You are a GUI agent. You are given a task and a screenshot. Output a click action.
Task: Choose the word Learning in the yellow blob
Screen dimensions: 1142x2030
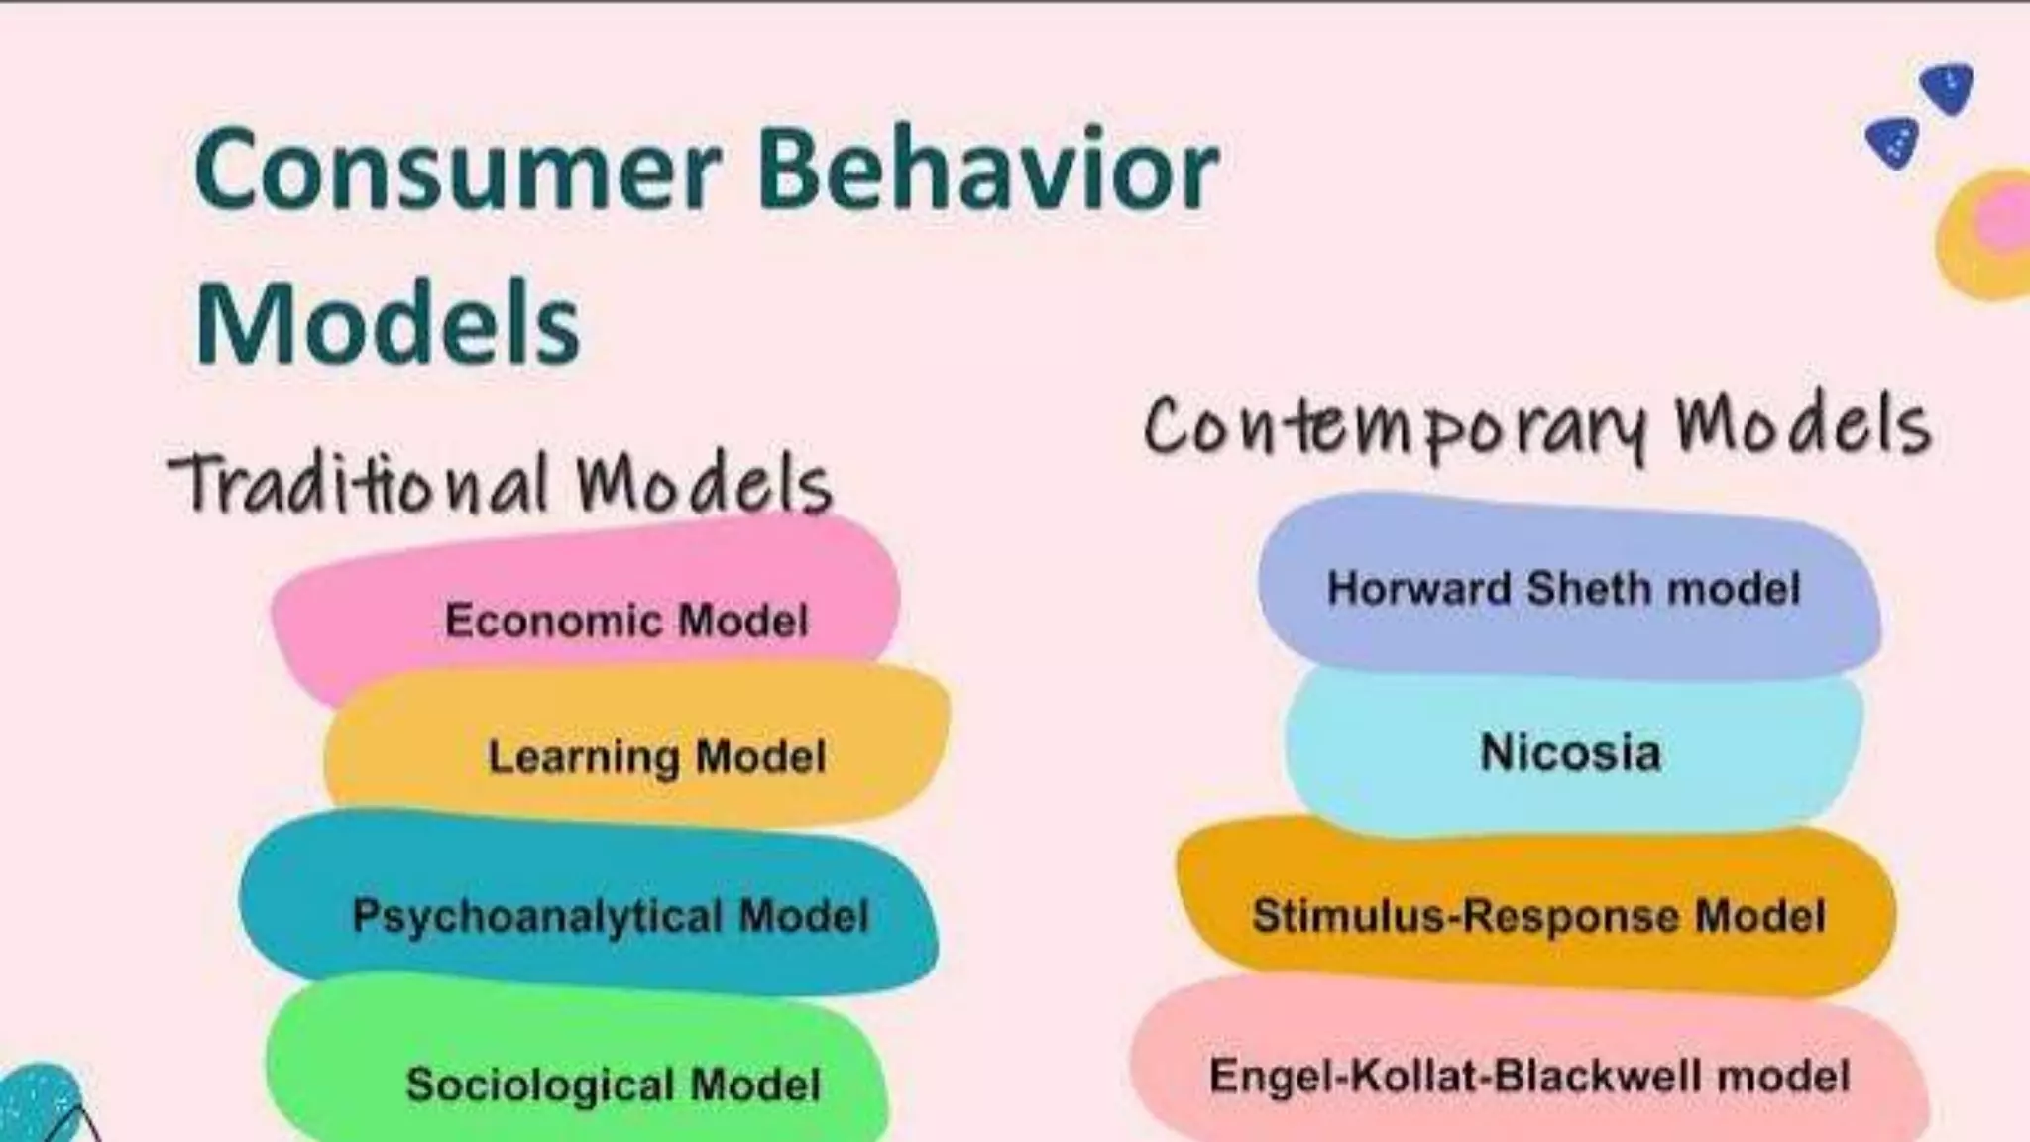[584, 757]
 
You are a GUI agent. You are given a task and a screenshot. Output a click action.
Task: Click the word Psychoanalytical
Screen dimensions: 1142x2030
[536, 915]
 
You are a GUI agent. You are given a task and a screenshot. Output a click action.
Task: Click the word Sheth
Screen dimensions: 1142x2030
[1590, 589]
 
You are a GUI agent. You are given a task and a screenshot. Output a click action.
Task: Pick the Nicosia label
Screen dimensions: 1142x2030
[1570, 752]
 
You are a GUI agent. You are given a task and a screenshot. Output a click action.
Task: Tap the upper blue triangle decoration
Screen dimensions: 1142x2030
[1947, 87]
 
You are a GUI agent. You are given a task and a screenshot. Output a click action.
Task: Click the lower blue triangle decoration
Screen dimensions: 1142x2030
[1893, 143]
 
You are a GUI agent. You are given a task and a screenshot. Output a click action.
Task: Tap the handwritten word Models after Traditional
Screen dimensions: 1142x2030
[704, 486]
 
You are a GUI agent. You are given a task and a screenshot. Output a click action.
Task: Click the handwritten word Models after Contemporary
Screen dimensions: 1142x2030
[1802, 426]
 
